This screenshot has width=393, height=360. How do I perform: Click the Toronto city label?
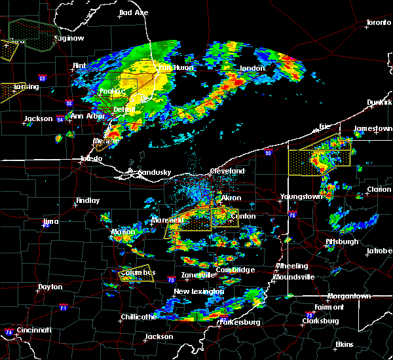click(x=378, y=23)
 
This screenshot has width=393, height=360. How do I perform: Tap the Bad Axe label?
click(x=134, y=12)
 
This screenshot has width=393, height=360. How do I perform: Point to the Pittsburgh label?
click(x=342, y=242)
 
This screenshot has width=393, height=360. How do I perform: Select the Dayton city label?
click(x=50, y=287)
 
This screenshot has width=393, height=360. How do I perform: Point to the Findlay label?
click(x=87, y=201)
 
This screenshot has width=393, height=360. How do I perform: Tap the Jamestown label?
click(x=373, y=129)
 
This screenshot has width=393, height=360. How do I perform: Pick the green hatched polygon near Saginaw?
click(x=33, y=34)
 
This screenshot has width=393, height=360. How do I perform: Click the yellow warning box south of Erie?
click(x=319, y=157)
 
